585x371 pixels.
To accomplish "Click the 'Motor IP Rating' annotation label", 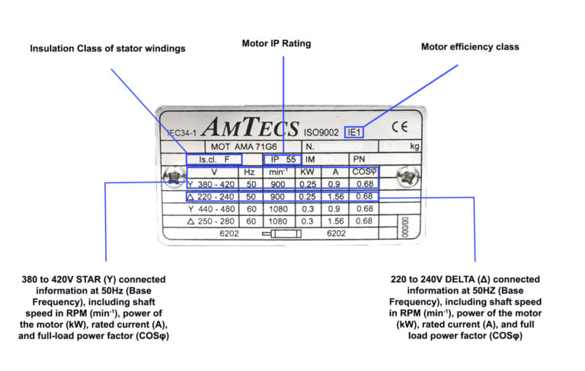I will tap(276, 43).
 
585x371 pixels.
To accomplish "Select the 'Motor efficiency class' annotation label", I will tap(470, 46).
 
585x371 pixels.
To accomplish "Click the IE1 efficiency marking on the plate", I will tap(354, 131).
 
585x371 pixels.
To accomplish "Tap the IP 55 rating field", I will tap(280, 160).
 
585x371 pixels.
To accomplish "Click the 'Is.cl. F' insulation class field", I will tap(214, 160).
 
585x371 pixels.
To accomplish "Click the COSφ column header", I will tap(363, 172).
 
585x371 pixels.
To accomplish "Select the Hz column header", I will tap(249, 172).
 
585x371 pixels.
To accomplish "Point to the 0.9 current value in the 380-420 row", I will tap(334, 184).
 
